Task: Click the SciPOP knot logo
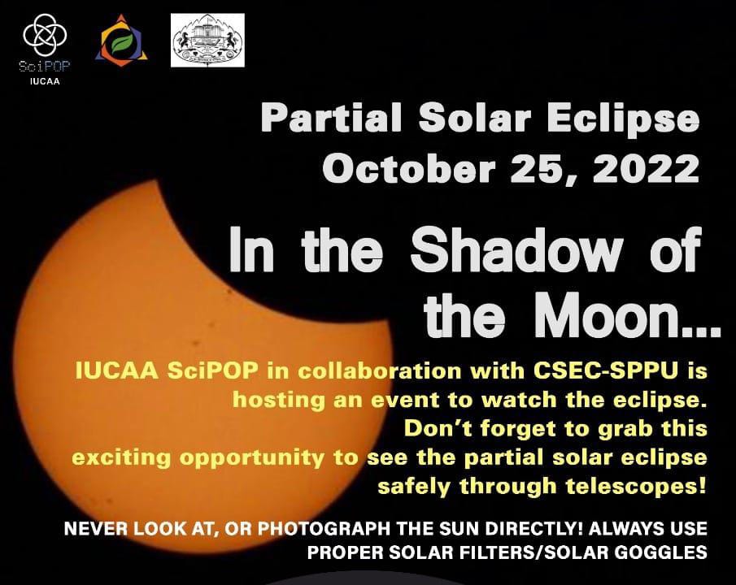click(45, 35)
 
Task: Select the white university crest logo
click(207, 40)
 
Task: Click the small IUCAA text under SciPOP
click(45, 81)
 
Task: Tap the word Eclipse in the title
click(623, 119)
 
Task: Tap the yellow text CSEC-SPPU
click(607, 370)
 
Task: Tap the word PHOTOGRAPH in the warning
click(324, 529)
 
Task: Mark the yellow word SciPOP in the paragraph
click(213, 370)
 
